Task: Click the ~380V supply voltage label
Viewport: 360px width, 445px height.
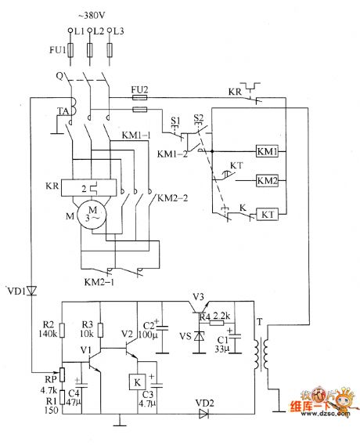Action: tap(91, 16)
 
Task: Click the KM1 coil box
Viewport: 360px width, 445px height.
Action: tap(266, 150)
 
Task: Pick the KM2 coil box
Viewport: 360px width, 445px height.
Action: tap(266, 180)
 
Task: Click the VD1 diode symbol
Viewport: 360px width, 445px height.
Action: tap(31, 291)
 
